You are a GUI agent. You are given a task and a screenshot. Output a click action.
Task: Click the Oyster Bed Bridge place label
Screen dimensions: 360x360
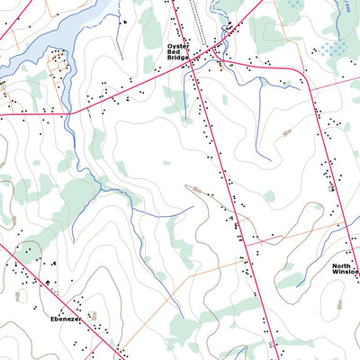[178, 53]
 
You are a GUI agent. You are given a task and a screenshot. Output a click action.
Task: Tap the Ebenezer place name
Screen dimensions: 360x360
[65, 319]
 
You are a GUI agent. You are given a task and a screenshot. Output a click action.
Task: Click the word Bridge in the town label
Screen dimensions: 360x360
[178, 60]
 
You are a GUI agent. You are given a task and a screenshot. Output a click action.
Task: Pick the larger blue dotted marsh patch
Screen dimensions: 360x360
[335, 47]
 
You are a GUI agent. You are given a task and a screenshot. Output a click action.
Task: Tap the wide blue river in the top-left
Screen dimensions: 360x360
[54, 36]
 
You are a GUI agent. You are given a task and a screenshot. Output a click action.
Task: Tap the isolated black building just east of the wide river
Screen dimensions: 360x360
[125, 20]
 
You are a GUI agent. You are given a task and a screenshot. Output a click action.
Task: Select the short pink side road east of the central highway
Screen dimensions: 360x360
[265, 239]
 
